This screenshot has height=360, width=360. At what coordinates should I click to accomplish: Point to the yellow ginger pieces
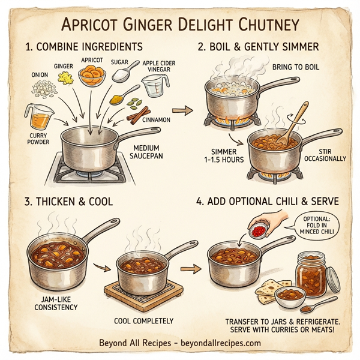coord(61,77)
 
